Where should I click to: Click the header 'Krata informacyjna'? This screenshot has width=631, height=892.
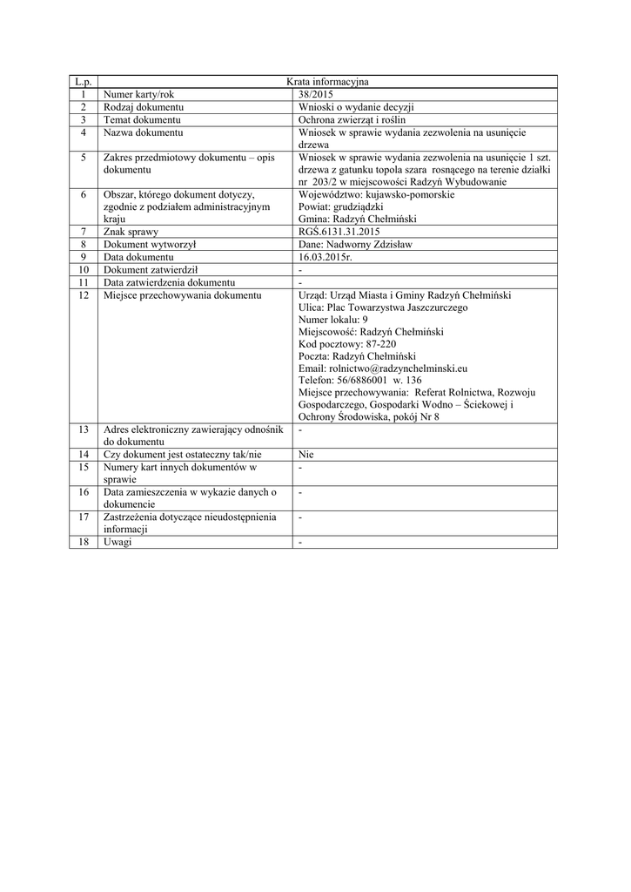click(x=327, y=82)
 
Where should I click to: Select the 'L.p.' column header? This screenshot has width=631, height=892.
click(x=84, y=82)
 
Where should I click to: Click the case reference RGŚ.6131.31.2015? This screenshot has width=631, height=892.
click(x=339, y=233)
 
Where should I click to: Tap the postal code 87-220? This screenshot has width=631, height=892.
click(x=377, y=344)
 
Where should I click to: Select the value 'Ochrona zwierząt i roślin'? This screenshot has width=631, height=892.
click(x=352, y=119)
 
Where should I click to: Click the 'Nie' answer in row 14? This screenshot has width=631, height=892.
click(x=305, y=454)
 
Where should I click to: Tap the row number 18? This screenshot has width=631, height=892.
click(x=84, y=542)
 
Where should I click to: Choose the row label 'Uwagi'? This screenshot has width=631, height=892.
click(x=117, y=542)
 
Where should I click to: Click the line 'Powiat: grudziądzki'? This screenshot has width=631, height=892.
click(x=340, y=207)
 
